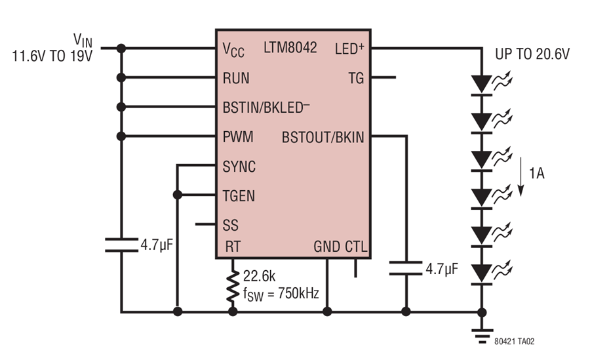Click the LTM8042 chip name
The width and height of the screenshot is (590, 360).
click(290, 48)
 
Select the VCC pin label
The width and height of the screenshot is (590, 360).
click(233, 50)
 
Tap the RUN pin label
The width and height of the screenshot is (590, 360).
click(236, 78)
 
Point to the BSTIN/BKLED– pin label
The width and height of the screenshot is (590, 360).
click(266, 108)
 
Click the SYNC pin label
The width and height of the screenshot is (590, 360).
click(239, 167)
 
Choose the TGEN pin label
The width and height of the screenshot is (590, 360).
click(239, 196)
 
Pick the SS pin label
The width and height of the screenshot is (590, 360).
click(230, 225)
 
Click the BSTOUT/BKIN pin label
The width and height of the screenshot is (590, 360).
click(323, 138)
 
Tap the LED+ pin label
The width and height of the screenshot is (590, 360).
click(349, 49)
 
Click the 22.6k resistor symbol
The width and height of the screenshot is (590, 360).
click(233, 286)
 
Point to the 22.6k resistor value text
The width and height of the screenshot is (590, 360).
click(259, 276)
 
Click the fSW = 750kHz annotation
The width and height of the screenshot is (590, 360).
click(281, 294)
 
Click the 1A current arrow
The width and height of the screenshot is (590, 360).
click(521, 176)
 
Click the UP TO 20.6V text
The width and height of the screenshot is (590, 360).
click(532, 54)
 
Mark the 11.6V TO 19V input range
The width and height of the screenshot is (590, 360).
click(52, 56)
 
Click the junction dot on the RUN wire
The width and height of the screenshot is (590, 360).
click(121, 77)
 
